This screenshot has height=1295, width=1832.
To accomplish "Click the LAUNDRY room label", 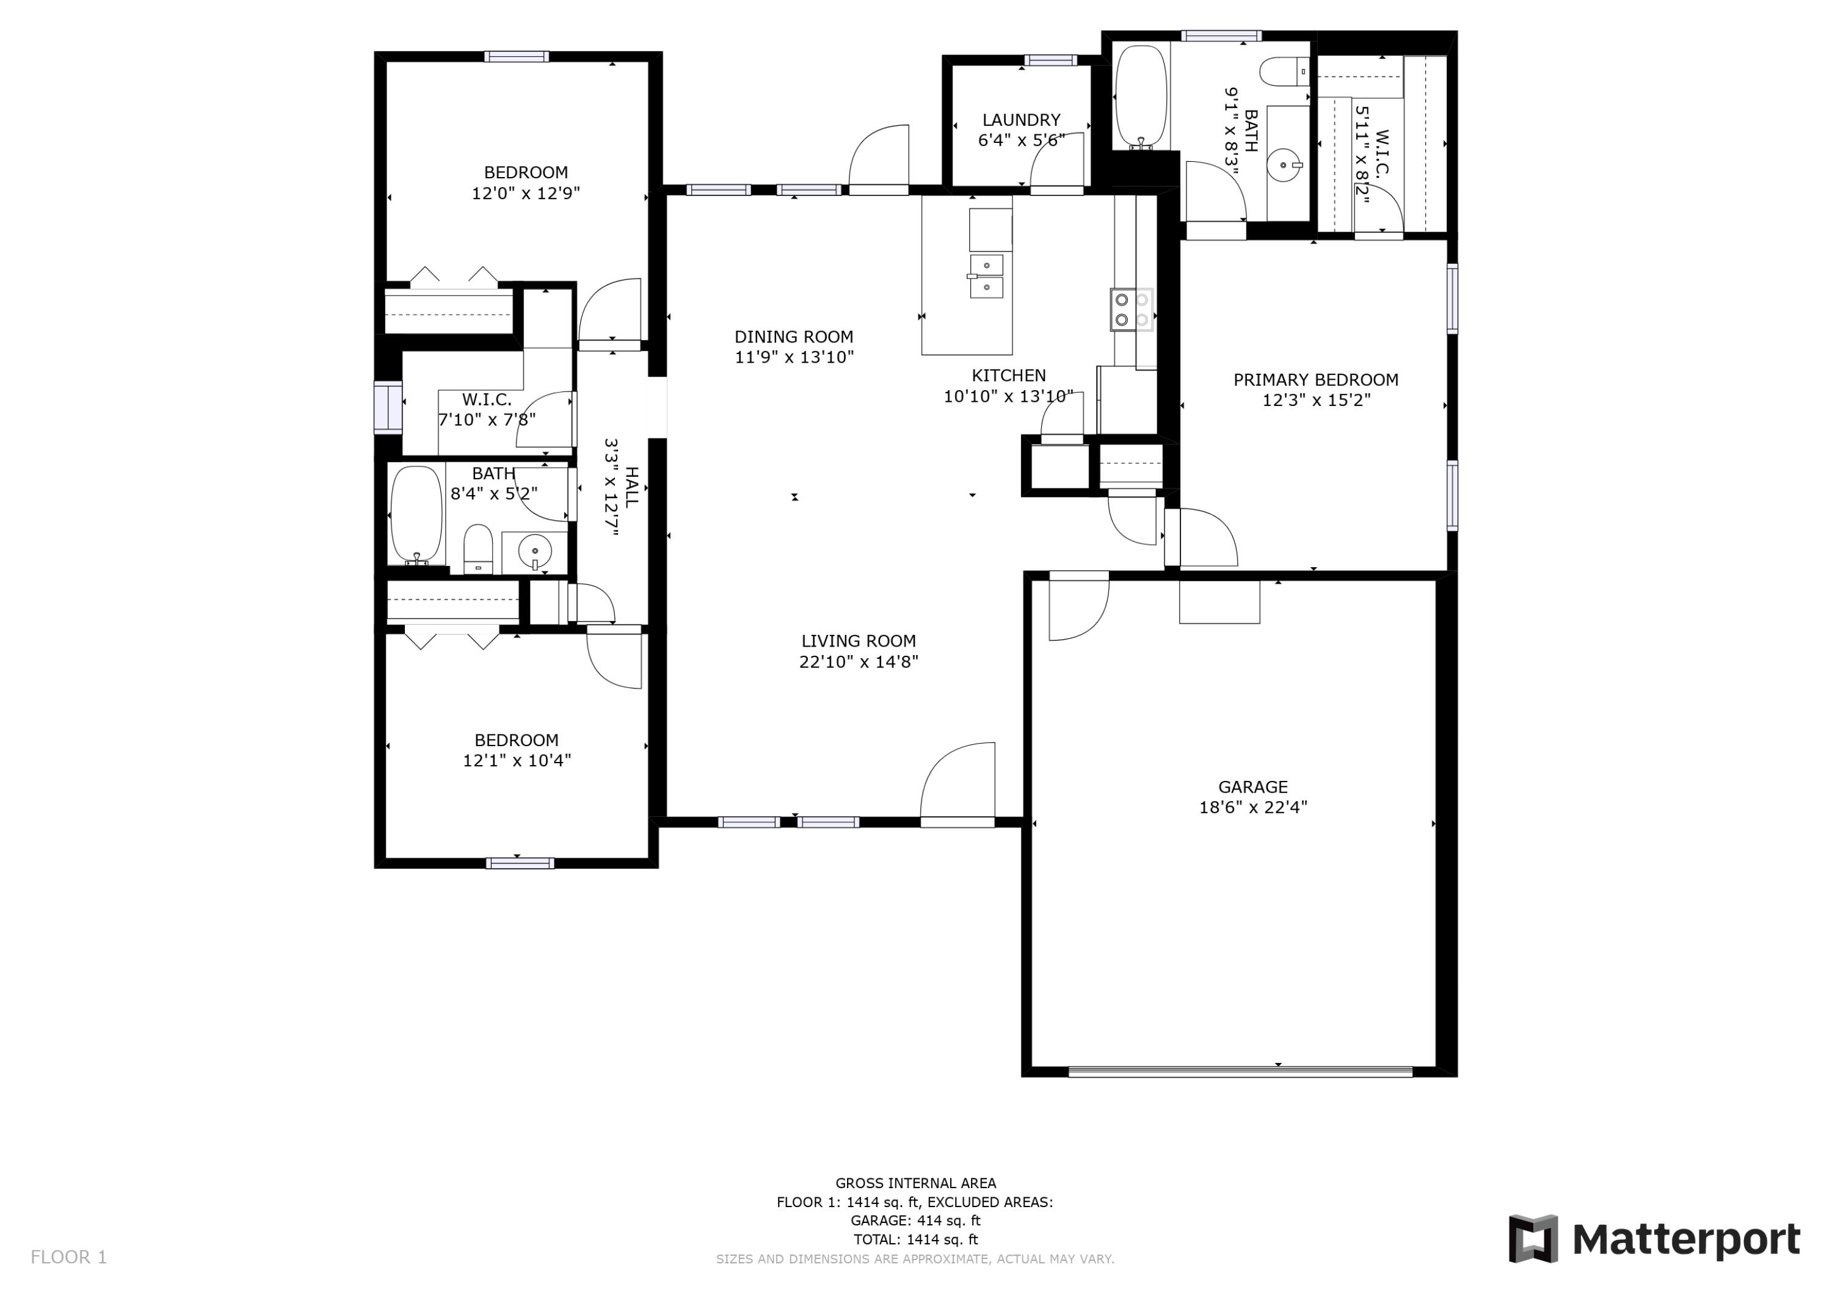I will click(x=1020, y=120).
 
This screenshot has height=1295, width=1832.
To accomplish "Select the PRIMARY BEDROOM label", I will click(x=1316, y=380).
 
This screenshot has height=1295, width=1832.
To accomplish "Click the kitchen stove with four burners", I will click(x=1132, y=310).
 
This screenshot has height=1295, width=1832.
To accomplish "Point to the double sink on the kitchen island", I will click(x=987, y=276).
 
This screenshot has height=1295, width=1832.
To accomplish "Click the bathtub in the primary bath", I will click(x=1141, y=96).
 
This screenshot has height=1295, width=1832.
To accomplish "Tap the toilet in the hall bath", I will click(x=478, y=548).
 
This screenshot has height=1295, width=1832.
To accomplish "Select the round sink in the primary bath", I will click(x=1284, y=165).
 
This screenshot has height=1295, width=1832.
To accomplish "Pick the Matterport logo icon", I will click(x=1533, y=1239).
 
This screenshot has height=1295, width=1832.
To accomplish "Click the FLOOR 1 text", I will click(x=68, y=1258).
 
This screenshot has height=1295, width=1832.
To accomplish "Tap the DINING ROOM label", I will click(x=794, y=336).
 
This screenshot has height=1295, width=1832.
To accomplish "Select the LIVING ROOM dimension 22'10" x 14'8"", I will click(x=859, y=661).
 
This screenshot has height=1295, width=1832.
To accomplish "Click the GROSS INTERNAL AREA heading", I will click(x=915, y=1183).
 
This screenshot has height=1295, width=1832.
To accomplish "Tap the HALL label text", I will click(x=632, y=487).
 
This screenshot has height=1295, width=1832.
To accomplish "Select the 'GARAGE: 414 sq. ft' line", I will click(x=915, y=1221).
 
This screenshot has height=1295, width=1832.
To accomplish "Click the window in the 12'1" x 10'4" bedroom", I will click(x=520, y=863).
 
